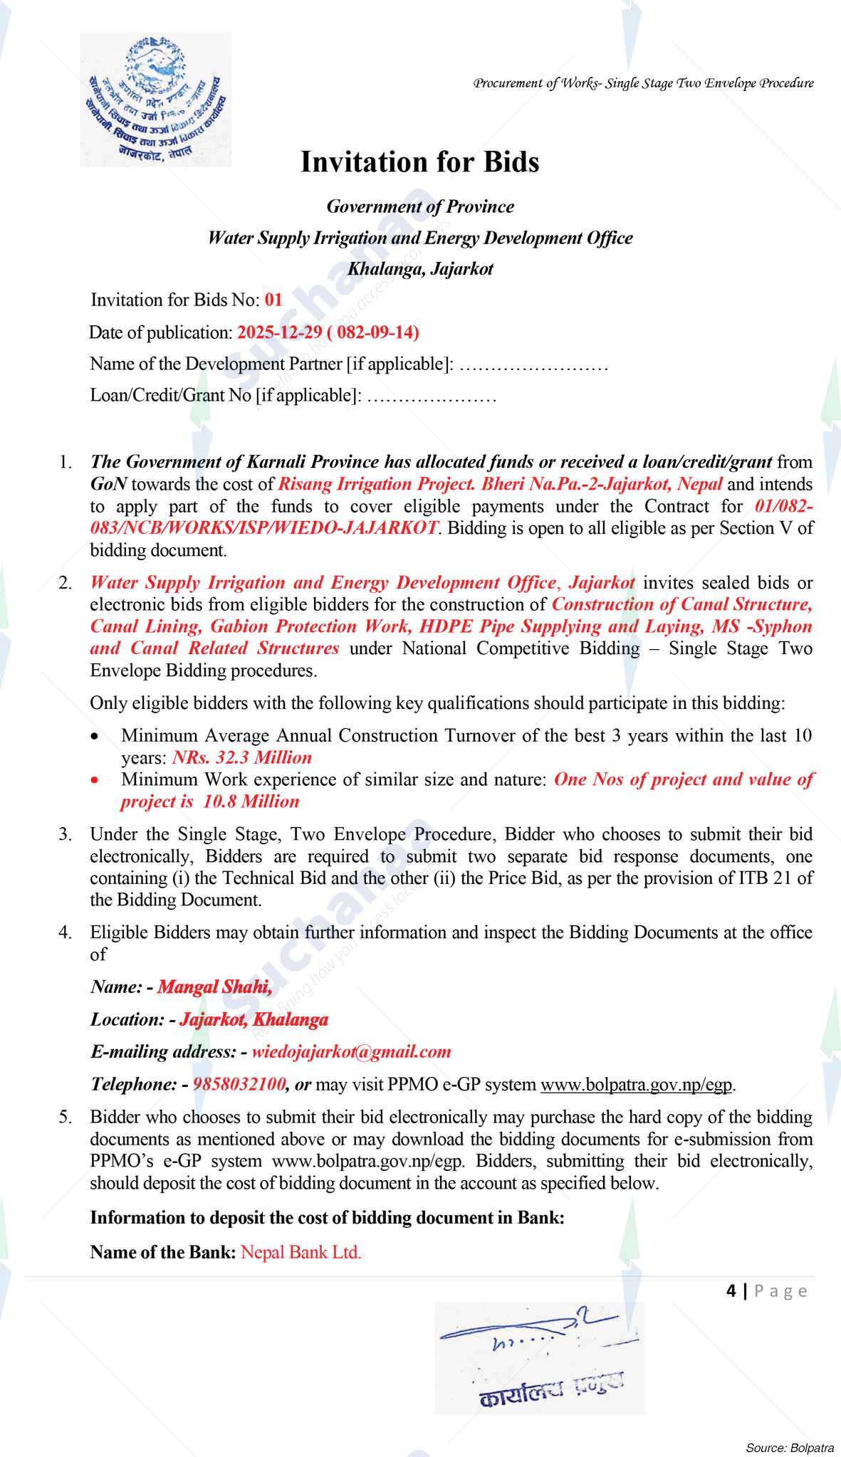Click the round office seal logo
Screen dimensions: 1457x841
[155, 100]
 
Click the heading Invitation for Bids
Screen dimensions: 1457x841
[419, 162]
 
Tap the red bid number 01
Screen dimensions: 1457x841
[273, 300]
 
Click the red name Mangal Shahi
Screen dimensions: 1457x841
[214, 987]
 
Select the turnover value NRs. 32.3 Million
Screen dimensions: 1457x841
[242, 757]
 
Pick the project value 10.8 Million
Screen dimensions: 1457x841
[251, 801]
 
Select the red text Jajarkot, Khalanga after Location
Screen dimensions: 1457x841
[254, 1020]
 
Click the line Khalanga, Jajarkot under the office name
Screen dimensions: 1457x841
[420, 269]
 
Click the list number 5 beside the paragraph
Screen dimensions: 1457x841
[66, 1117]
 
